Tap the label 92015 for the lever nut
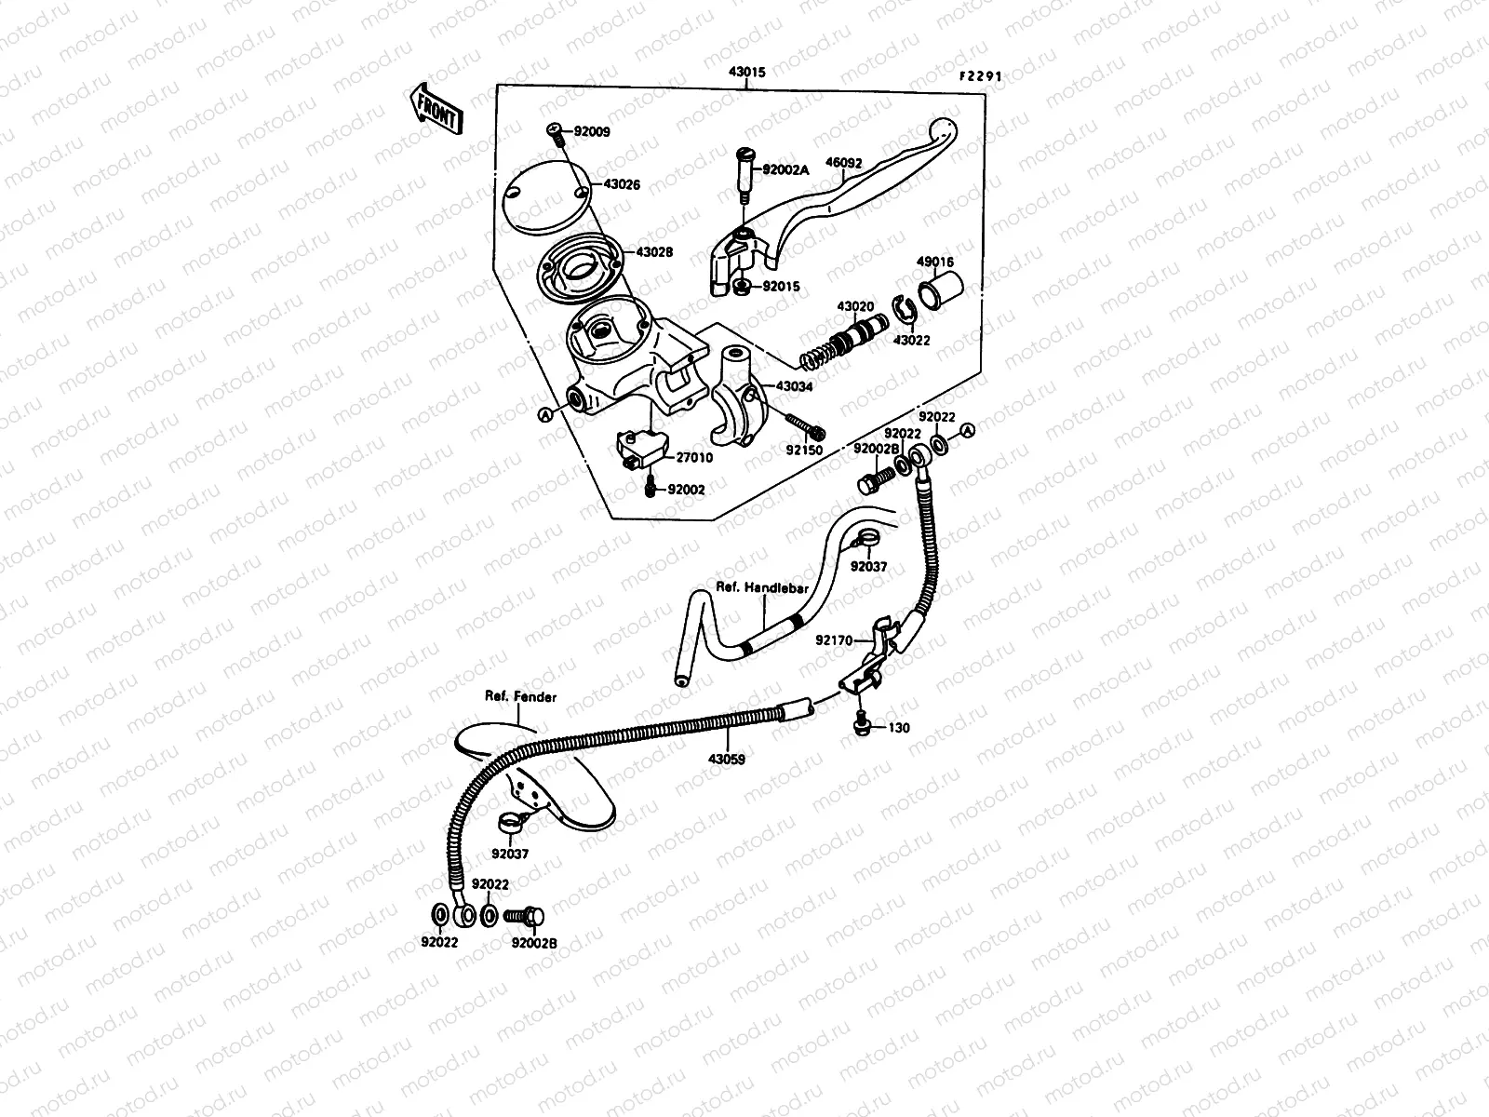pos(780,287)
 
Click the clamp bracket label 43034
pos(793,385)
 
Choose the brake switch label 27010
pos(693,457)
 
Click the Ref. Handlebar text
pos(761,588)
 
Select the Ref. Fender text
pos(520,696)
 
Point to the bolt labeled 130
pos(898,728)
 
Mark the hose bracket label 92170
pos(834,640)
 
